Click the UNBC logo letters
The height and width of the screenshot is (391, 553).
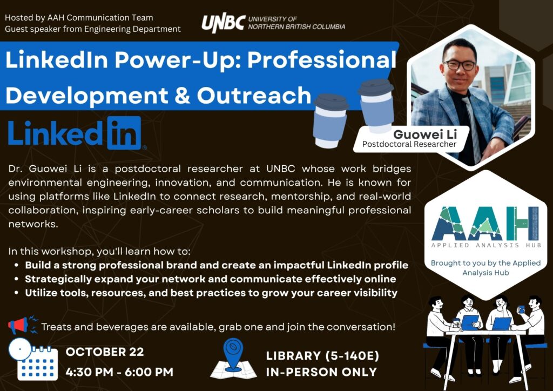[223, 23]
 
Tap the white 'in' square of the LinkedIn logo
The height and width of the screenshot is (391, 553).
[124, 133]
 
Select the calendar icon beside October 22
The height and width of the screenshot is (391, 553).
[33, 359]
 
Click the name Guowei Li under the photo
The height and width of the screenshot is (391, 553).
[425, 134]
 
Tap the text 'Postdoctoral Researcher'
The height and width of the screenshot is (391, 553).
[409, 144]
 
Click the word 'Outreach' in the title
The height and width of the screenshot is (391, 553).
[254, 96]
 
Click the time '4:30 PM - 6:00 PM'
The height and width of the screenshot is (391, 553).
[119, 372]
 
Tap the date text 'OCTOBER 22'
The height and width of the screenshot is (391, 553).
[105, 352]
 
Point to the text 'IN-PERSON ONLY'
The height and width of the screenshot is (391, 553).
[321, 372]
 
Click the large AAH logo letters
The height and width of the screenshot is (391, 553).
[485, 223]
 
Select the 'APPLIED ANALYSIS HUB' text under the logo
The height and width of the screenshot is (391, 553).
[486, 245]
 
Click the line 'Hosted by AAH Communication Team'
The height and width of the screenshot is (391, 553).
[79, 18]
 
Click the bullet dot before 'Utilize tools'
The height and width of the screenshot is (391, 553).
[16, 293]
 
